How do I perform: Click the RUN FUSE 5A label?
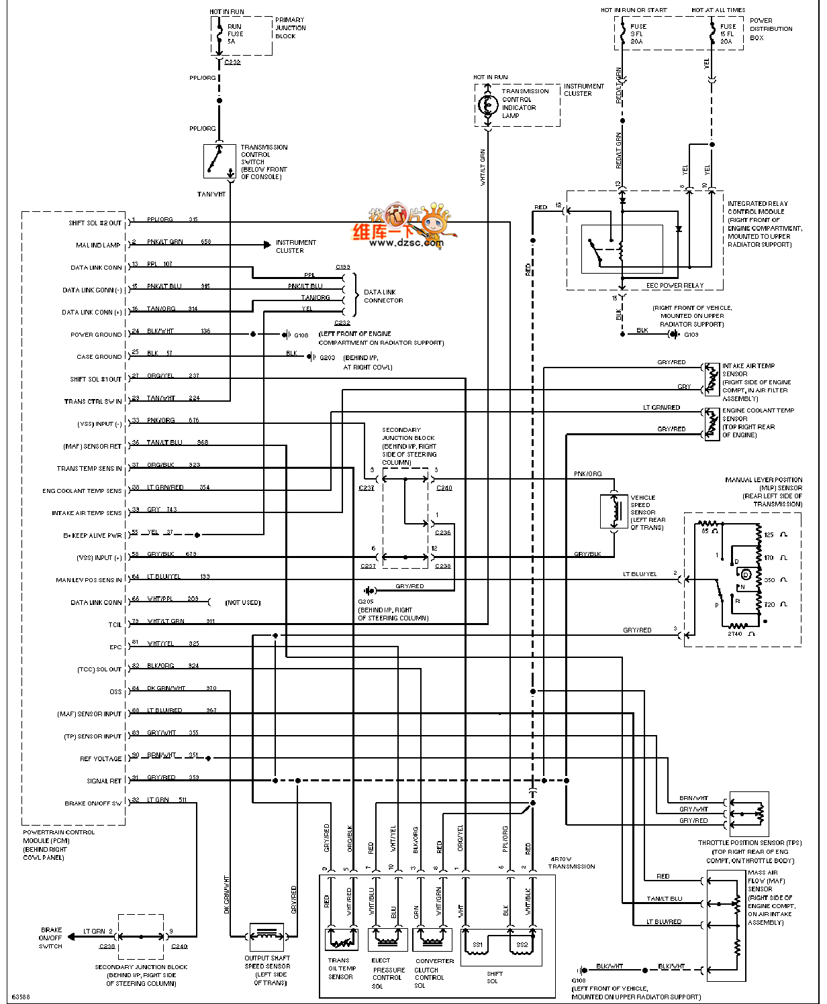coord(235,34)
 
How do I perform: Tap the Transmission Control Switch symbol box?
coord(220,161)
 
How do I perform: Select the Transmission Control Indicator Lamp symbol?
coord(487,105)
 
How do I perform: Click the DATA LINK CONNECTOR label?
coord(383,296)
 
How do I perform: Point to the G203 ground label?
coord(328,357)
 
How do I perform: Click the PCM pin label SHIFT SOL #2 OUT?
coord(95,223)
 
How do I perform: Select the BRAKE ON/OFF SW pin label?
coord(93,803)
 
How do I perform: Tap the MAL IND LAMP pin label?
coord(98,245)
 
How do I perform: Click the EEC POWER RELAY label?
coord(674,285)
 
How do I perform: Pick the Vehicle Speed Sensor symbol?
coord(613,512)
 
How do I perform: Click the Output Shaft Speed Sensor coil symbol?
coord(267,934)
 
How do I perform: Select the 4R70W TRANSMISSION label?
coord(572,862)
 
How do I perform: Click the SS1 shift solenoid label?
coord(477,945)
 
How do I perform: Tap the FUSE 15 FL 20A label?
coord(728,34)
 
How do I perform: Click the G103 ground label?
coord(691,334)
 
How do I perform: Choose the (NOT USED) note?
coord(243,602)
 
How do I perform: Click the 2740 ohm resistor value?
coord(736,634)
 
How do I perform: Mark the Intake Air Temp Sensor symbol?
coord(712,380)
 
